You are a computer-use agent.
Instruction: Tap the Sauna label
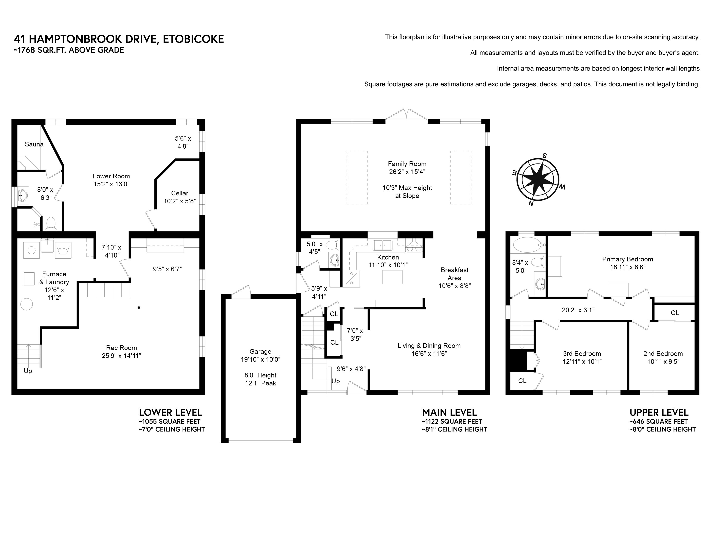click(34, 144)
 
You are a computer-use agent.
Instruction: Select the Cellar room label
click(180, 193)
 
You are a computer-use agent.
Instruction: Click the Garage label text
click(260, 352)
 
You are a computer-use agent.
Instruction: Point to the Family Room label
click(407, 164)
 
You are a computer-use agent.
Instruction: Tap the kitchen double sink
click(382, 245)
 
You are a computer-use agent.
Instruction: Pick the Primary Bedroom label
click(628, 259)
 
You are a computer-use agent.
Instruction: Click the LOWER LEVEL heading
click(170, 412)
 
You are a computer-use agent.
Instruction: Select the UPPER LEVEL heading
click(659, 412)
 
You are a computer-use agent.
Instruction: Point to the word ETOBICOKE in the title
click(193, 39)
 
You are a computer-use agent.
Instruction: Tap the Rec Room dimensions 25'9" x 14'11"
click(121, 356)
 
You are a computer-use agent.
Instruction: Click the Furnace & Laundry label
click(54, 278)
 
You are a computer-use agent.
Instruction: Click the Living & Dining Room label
click(429, 346)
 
